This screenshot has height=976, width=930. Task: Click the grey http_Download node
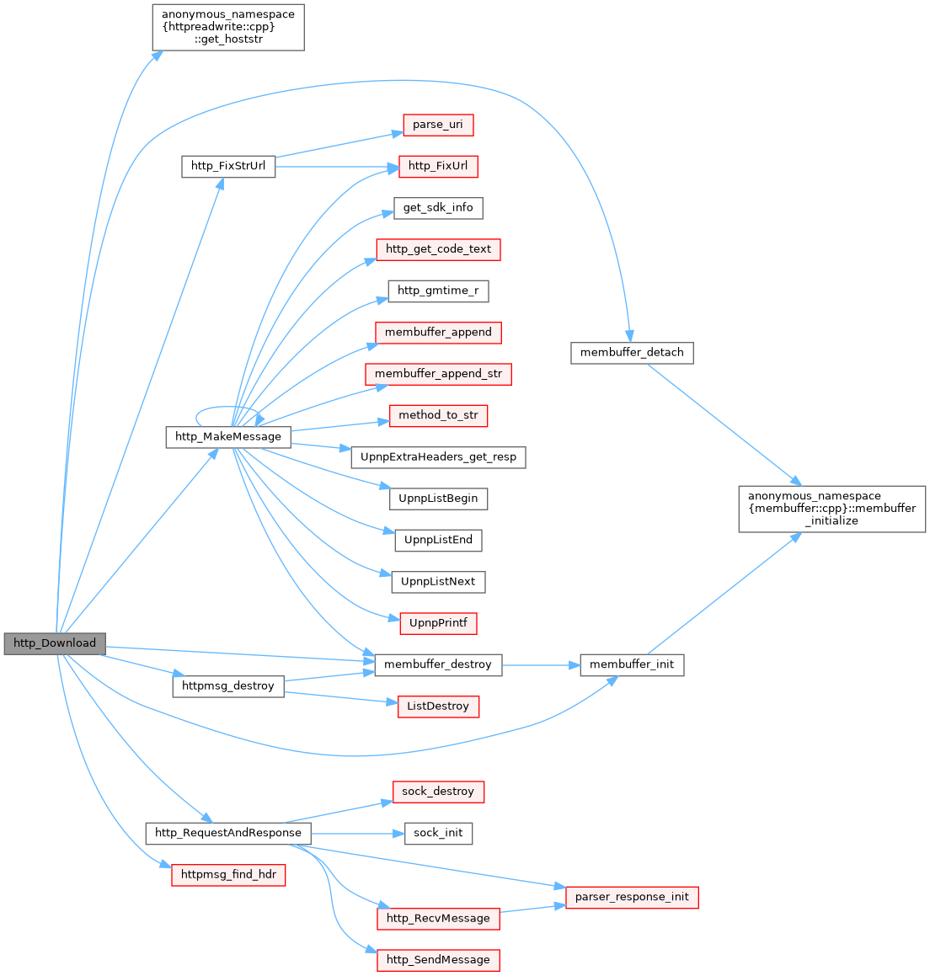[55, 643]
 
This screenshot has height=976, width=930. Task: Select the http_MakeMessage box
[228, 437]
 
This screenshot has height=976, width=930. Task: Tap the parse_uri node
[438, 125]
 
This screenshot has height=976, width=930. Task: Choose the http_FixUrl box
[438, 166]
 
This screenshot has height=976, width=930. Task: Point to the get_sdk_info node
[438, 208]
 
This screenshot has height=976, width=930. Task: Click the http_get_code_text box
[438, 249]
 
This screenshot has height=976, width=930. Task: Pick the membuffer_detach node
[632, 353]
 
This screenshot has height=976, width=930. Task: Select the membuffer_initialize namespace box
[831, 509]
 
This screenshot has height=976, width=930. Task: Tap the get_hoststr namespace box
[228, 28]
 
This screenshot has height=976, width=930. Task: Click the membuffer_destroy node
[438, 664]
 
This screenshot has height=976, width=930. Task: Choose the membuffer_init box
[632, 664]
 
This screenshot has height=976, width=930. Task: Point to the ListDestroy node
[438, 707]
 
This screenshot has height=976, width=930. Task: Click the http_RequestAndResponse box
[228, 833]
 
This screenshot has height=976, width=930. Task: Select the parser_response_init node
[632, 898]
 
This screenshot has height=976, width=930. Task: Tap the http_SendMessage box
[438, 960]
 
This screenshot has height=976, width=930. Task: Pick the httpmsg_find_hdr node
[228, 875]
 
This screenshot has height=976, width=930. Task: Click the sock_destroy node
[438, 792]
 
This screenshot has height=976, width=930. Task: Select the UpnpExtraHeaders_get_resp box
[438, 457]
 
